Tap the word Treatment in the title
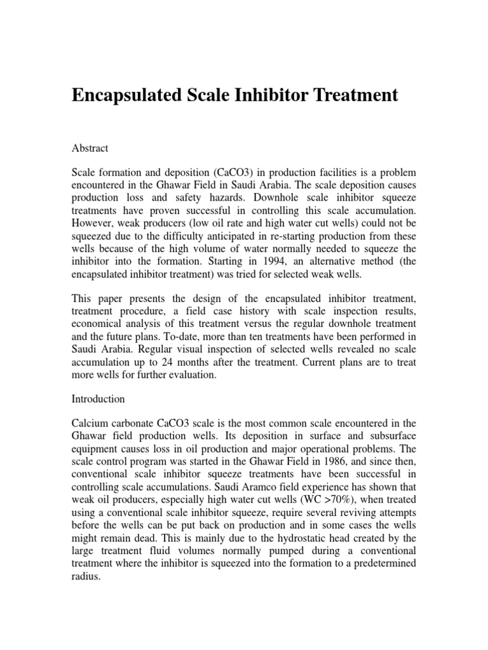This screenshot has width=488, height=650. [x=348, y=95]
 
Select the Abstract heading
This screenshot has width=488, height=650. [x=90, y=148]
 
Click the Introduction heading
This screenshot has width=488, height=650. [x=98, y=399]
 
